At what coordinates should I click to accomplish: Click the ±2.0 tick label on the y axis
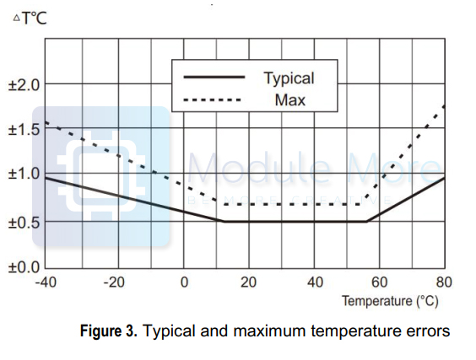(23, 85)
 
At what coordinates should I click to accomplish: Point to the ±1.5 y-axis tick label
(23, 129)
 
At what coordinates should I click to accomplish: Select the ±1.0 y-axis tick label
(23, 174)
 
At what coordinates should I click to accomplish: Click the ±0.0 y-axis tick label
(23, 268)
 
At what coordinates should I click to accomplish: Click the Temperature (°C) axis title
(390, 301)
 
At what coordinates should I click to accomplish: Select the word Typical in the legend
(289, 78)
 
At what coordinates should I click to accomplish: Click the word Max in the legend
(289, 100)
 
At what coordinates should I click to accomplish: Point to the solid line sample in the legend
(215, 78)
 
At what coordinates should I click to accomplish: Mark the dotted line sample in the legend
(215, 100)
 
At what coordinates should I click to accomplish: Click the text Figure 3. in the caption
(109, 331)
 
